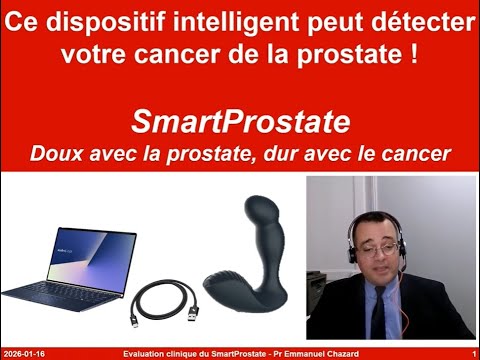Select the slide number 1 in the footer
(472, 353)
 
